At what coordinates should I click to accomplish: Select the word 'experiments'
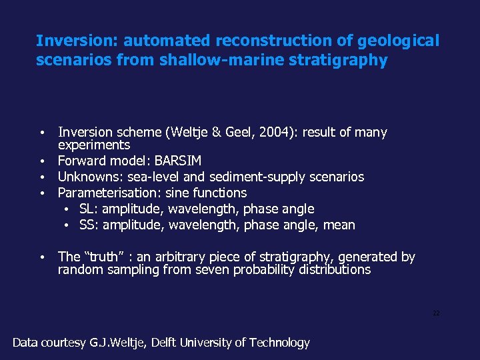click(94, 145)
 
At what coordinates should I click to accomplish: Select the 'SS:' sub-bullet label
click(89, 225)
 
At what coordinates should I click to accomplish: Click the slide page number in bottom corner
click(436, 313)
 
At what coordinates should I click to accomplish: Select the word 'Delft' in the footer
click(167, 343)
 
